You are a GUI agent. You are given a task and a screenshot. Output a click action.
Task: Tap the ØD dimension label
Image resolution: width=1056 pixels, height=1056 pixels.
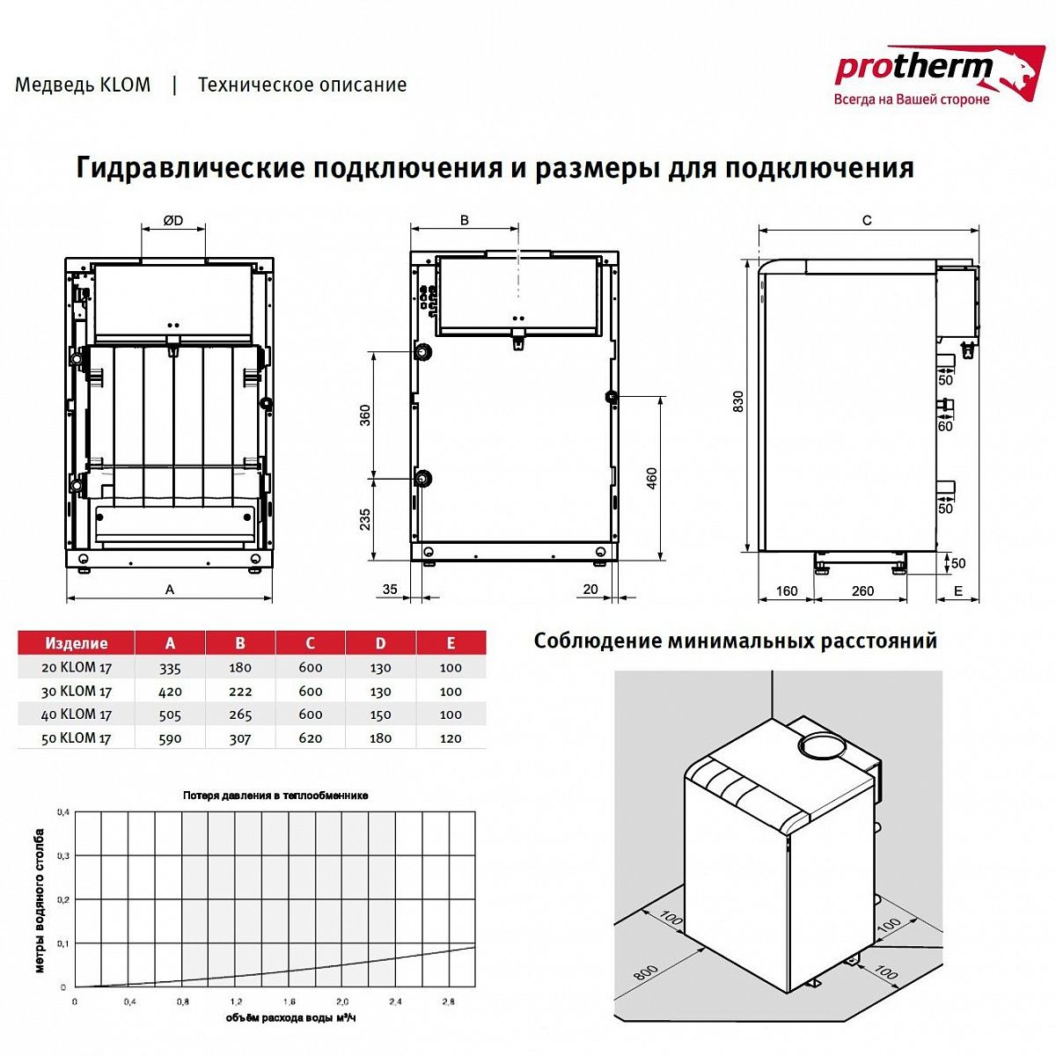click(173, 221)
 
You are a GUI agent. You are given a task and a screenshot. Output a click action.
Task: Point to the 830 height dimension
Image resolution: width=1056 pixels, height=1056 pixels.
click(738, 401)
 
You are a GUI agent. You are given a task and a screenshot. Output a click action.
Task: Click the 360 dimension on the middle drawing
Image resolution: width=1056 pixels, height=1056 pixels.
click(365, 415)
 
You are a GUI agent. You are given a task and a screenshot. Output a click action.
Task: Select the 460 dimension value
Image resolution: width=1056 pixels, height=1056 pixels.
click(651, 478)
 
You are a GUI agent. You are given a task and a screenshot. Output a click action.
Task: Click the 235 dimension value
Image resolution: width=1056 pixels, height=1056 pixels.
click(365, 519)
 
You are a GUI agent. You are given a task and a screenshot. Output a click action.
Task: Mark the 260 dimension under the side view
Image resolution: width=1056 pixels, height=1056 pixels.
click(862, 590)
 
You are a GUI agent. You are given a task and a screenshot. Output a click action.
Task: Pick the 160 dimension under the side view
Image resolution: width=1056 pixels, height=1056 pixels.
click(787, 590)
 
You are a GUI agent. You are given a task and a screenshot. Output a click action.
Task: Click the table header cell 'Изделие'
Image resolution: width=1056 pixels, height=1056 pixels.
click(76, 643)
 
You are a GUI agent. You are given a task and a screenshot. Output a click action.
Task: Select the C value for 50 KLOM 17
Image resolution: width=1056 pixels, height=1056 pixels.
click(310, 738)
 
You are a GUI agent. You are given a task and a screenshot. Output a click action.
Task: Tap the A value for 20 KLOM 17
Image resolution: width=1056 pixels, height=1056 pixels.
click(170, 668)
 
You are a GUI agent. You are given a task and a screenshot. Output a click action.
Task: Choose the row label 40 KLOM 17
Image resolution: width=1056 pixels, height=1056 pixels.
click(76, 715)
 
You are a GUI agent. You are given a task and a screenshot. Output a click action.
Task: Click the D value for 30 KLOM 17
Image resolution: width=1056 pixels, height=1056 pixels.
click(380, 692)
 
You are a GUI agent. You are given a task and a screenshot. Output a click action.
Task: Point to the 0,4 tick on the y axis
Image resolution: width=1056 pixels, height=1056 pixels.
click(62, 812)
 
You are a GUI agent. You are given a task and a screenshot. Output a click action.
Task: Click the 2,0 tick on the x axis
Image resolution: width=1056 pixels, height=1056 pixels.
click(342, 1001)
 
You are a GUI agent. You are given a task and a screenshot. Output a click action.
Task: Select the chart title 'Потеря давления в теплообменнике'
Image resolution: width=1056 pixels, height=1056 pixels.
click(275, 796)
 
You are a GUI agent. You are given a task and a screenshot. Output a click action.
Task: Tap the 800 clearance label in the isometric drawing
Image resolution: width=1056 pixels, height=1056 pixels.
click(645, 973)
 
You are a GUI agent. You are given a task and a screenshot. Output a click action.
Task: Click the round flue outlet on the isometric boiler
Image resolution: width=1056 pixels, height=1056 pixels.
click(820, 746)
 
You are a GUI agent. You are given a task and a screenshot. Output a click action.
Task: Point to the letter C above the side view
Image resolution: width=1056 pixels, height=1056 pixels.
click(867, 220)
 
